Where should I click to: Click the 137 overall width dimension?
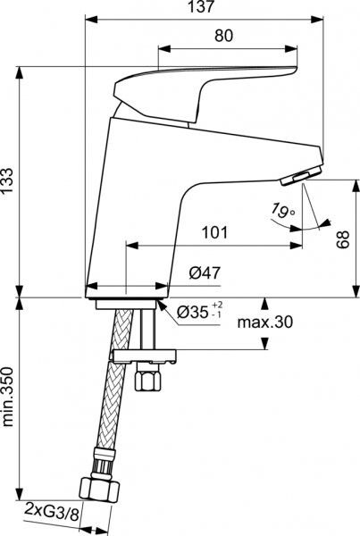coord(203,7)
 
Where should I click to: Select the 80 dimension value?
coord(224,38)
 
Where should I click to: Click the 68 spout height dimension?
coord(343,237)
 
